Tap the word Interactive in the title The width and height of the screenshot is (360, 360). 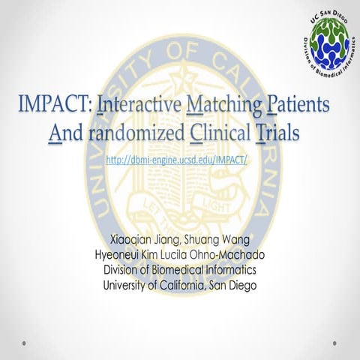(x=138, y=109)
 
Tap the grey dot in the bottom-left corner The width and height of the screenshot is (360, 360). (x=25, y=344)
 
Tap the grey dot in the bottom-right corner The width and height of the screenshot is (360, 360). (x=335, y=344)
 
